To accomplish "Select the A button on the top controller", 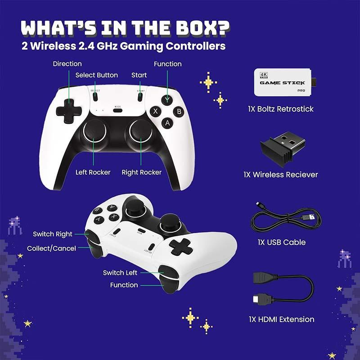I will tap(167, 122).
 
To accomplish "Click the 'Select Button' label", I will tap(96, 75).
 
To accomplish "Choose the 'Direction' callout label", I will tap(67, 64).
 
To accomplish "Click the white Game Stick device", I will tap(282, 83).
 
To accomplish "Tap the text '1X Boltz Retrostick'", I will tap(280, 109).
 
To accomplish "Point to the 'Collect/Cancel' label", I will tap(51, 248).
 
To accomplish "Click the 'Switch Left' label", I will tap(120, 273).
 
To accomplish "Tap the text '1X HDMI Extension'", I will tap(281, 319).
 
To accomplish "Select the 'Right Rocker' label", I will tap(142, 172).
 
